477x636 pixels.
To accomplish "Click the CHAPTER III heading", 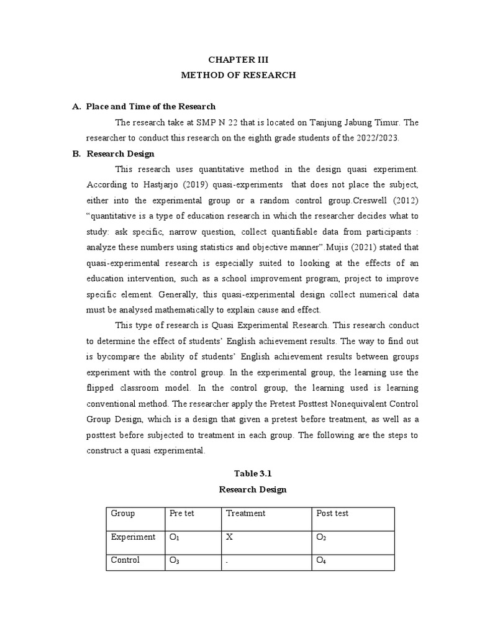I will click(238, 60).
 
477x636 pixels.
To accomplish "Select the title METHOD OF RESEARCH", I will click(238, 75).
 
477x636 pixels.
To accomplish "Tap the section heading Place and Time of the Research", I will click(151, 107).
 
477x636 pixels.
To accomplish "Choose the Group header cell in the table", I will click(123, 513).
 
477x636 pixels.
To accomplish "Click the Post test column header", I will click(332, 513).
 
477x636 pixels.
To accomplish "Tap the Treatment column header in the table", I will click(245, 513).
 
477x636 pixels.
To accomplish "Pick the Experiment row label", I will click(133, 537).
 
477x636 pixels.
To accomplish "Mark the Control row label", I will click(125, 560).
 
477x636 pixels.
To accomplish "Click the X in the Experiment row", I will click(229, 537).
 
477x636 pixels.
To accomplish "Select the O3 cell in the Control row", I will click(175, 561).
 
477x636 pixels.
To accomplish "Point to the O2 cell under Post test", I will click(321, 537).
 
